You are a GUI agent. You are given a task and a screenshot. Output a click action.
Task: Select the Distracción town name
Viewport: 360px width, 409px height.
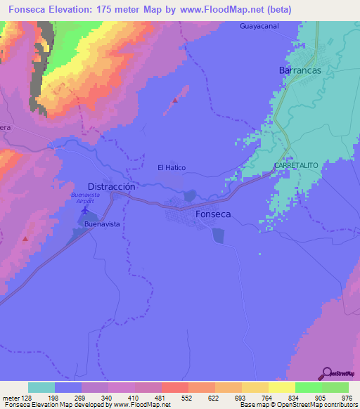pyautogui.click(x=111, y=187)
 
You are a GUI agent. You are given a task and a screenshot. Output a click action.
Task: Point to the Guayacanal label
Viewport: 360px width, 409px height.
pyautogui.click(x=259, y=26)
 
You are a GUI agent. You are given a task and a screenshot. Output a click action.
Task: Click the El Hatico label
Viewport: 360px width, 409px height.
pyautogui.click(x=172, y=168)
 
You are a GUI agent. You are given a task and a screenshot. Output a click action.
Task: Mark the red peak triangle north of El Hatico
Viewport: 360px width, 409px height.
pyautogui.click(x=175, y=100)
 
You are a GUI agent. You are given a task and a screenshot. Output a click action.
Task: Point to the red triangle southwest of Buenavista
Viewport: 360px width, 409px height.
pyautogui.click(x=26, y=239)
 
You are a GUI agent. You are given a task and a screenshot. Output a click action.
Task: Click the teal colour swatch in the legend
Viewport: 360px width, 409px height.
pyautogui.click(x=41, y=387)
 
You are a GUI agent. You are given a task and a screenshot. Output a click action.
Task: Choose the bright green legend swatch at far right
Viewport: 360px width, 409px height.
pyautogui.click(x=335, y=387)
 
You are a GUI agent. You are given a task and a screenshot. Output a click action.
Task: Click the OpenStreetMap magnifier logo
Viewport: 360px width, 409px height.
pyautogui.click(x=328, y=373)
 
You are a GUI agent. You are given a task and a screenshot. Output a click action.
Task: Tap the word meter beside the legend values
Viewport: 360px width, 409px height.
pyautogui.click(x=11, y=398)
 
